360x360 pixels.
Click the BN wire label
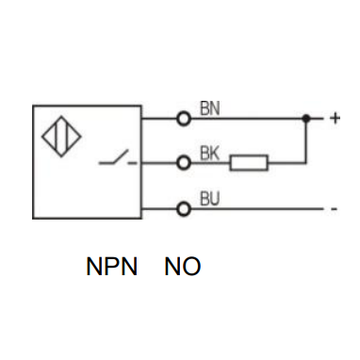[210, 108]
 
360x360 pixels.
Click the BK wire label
[209, 154]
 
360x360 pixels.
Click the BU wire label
[210, 199]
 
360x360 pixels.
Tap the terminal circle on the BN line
[184, 119]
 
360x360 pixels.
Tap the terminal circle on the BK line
[184, 163]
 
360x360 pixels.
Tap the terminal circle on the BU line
[184, 209]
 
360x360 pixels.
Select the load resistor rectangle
[249, 163]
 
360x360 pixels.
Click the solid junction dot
[306, 119]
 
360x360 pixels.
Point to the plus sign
[335, 119]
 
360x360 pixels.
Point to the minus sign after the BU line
[335, 209]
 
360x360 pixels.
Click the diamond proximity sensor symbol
[61, 137]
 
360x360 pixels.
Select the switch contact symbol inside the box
[118, 157]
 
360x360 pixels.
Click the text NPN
[112, 267]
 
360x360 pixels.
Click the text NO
[183, 267]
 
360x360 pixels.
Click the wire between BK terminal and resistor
[210, 163]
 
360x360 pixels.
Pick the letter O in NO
[191, 267]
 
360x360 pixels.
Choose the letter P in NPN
[112, 267]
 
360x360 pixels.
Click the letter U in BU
[215, 199]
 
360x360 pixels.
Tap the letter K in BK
[215, 154]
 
